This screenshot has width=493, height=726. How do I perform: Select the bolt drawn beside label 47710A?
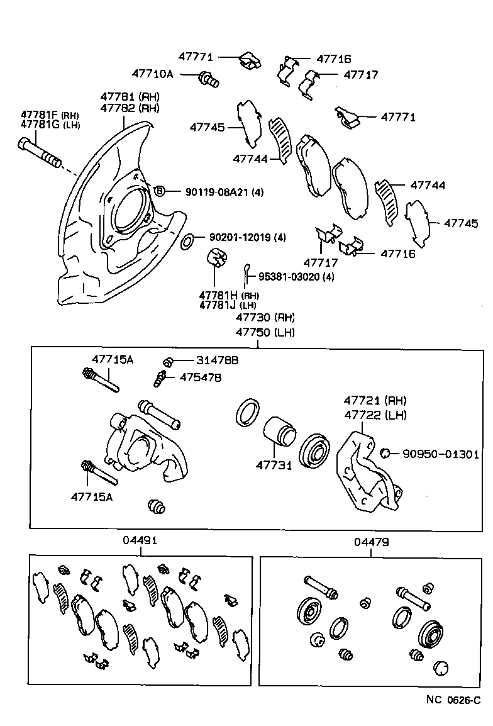208,79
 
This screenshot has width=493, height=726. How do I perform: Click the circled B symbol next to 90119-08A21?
159,191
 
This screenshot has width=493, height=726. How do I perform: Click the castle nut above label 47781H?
216,258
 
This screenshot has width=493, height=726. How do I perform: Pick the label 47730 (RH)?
265,317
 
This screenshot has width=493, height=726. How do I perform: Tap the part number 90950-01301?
441,453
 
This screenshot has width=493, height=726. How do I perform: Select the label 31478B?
199,360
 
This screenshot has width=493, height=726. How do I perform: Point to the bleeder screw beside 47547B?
160,378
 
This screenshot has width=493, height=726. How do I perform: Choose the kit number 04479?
371,540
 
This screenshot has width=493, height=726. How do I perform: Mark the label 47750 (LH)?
265,332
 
